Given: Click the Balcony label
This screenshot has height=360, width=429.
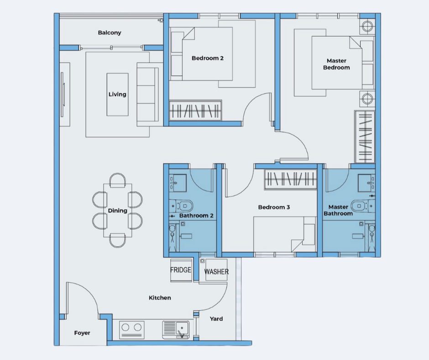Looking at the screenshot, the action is (110, 32).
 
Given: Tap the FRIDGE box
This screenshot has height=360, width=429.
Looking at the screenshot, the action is (181, 270).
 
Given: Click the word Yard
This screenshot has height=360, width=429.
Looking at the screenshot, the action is (216, 318).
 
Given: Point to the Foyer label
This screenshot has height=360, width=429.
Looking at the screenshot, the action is (82, 333).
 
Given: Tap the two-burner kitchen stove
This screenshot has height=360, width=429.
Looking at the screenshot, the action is (131, 329).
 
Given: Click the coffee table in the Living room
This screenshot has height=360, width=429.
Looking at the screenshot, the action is (117, 95).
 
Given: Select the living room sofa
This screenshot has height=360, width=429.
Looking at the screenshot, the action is (148, 94).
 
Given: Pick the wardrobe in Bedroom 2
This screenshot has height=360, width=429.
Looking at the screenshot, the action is (195, 111).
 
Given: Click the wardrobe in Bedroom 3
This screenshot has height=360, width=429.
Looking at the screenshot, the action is (291, 180).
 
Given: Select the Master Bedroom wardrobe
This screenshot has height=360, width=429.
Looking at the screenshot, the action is (365, 137).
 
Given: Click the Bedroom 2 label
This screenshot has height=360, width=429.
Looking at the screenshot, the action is (208, 58).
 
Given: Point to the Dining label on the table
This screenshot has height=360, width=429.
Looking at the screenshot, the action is (118, 211).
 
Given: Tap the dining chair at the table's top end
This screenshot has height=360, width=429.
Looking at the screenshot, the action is (118, 180).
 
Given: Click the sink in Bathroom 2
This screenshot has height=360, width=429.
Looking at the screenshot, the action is (178, 183).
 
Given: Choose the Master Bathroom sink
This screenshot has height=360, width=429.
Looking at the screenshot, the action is (366, 183).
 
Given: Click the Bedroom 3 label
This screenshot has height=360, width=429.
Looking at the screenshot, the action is (274, 207).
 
